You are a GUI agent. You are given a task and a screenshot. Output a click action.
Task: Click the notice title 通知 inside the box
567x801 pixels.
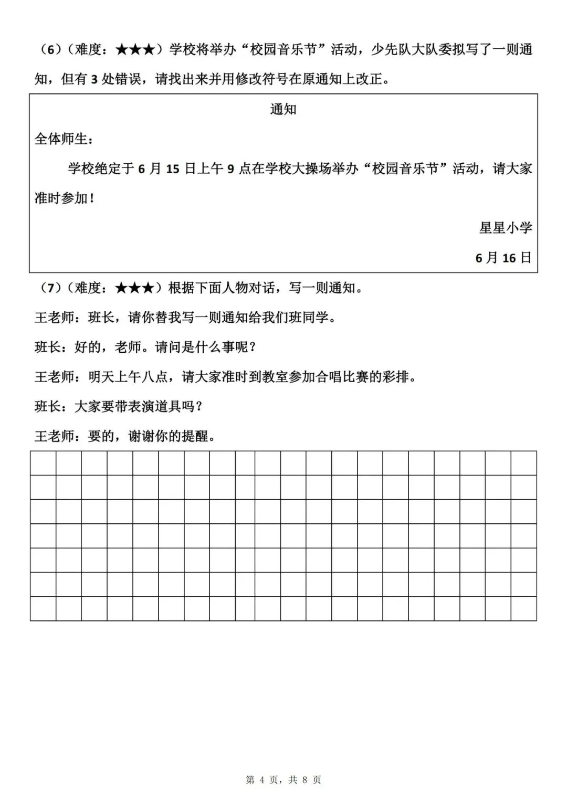(x=283, y=109)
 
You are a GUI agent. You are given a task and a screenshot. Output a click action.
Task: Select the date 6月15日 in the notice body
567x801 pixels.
(x=166, y=169)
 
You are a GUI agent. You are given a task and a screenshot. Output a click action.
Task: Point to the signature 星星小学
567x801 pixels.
(x=506, y=228)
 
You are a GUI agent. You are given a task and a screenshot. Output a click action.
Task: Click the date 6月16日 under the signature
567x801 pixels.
(x=503, y=258)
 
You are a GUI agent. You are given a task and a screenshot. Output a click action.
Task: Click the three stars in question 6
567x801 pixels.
(x=135, y=50)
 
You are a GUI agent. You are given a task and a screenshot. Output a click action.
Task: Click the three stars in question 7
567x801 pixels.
(x=135, y=288)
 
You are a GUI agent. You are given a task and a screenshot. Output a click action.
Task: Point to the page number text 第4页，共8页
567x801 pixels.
(x=283, y=780)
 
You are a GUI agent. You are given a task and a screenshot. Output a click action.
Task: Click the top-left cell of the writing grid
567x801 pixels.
(x=43, y=463)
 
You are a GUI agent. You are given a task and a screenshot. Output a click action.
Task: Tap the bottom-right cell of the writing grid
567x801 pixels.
(x=523, y=608)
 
